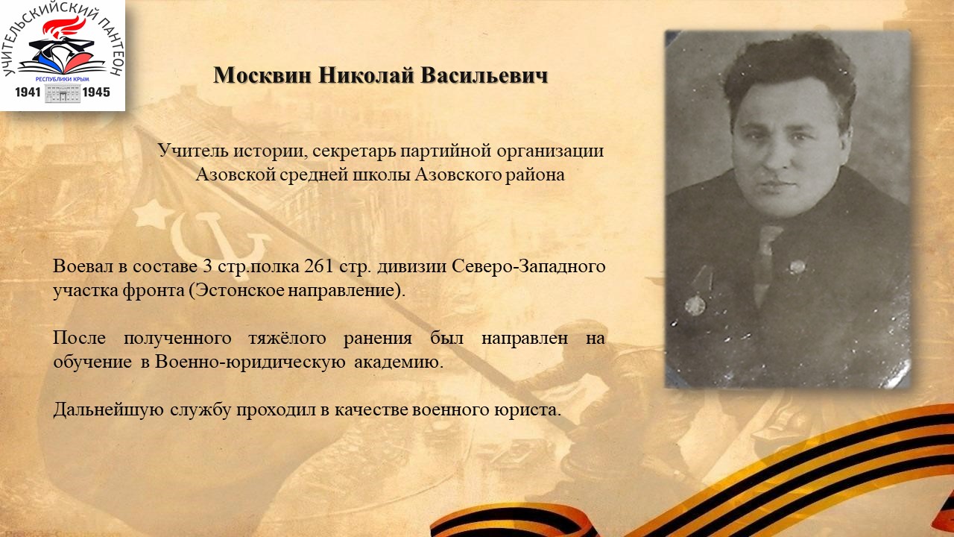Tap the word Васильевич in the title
(484, 75)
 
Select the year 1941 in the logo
(28, 92)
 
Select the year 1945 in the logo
(96, 92)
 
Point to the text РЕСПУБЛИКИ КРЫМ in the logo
(62, 79)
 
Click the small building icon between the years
(63, 93)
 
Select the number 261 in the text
(318, 266)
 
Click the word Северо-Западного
(528, 267)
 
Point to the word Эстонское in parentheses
(240, 290)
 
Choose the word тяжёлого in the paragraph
(288, 339)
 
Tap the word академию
(399, 362)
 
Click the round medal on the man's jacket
(695, 306)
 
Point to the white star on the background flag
(153, 214)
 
